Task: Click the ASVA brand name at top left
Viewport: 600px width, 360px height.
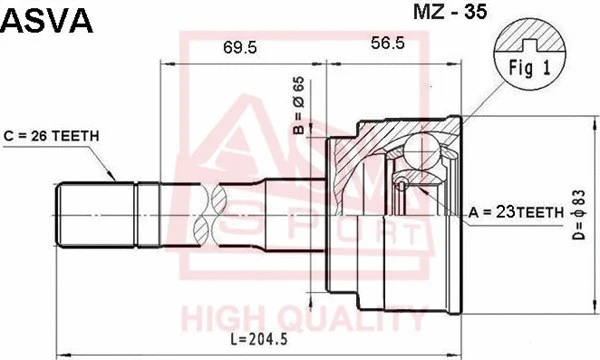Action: [47, 21]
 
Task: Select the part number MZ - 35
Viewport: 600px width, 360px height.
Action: [450, 11]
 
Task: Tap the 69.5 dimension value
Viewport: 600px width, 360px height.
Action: [240, 47]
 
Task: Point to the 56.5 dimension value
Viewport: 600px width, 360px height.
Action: [388, 43]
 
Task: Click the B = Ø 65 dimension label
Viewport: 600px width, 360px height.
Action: [299, 106]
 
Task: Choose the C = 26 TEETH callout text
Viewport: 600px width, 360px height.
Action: [51, 136]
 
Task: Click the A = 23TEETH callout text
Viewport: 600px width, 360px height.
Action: [516, 212]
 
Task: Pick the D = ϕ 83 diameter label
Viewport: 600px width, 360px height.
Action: [579, 215]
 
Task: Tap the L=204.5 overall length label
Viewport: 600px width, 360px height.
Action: [259, 339]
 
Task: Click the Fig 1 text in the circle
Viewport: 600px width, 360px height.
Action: [530, 68]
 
